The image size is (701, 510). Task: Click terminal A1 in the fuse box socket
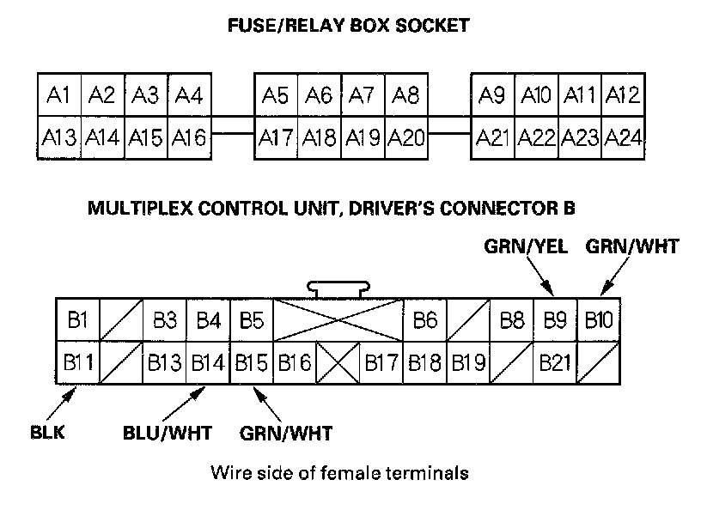pos(58,94)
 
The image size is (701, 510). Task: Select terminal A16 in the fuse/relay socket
pos(190,137)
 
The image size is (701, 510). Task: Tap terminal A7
pos(363,94)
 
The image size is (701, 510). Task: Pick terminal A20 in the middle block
pos(406,137)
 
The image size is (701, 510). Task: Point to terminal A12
pos(623,94)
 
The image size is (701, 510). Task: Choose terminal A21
pos(493,137)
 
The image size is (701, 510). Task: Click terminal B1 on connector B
pos(78,321)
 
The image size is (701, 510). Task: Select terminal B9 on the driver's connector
pos(555,321)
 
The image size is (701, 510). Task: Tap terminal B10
pos(599,321)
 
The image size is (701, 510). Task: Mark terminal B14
pos(208,362)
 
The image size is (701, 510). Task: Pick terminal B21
pos(555,362)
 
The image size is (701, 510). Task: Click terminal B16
pos(295,362)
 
